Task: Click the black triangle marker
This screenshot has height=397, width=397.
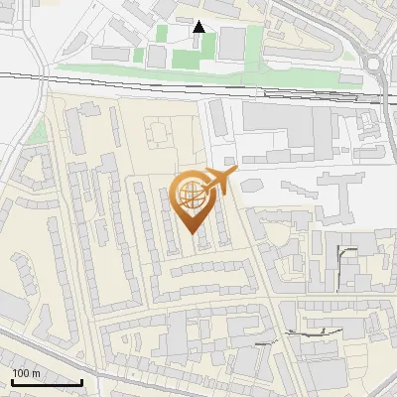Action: (x=199, y=27)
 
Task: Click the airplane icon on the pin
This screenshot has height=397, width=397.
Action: (x=219, y=182)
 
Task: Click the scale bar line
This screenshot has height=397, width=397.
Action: (x=47, y=382)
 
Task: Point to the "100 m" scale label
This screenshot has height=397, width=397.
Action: (x=27, y=373)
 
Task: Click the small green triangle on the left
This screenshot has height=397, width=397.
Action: (x=38, y=133)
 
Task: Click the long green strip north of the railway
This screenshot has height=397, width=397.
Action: (x=149, y=72)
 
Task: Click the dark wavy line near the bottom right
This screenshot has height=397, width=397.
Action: (x=308, y=333)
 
